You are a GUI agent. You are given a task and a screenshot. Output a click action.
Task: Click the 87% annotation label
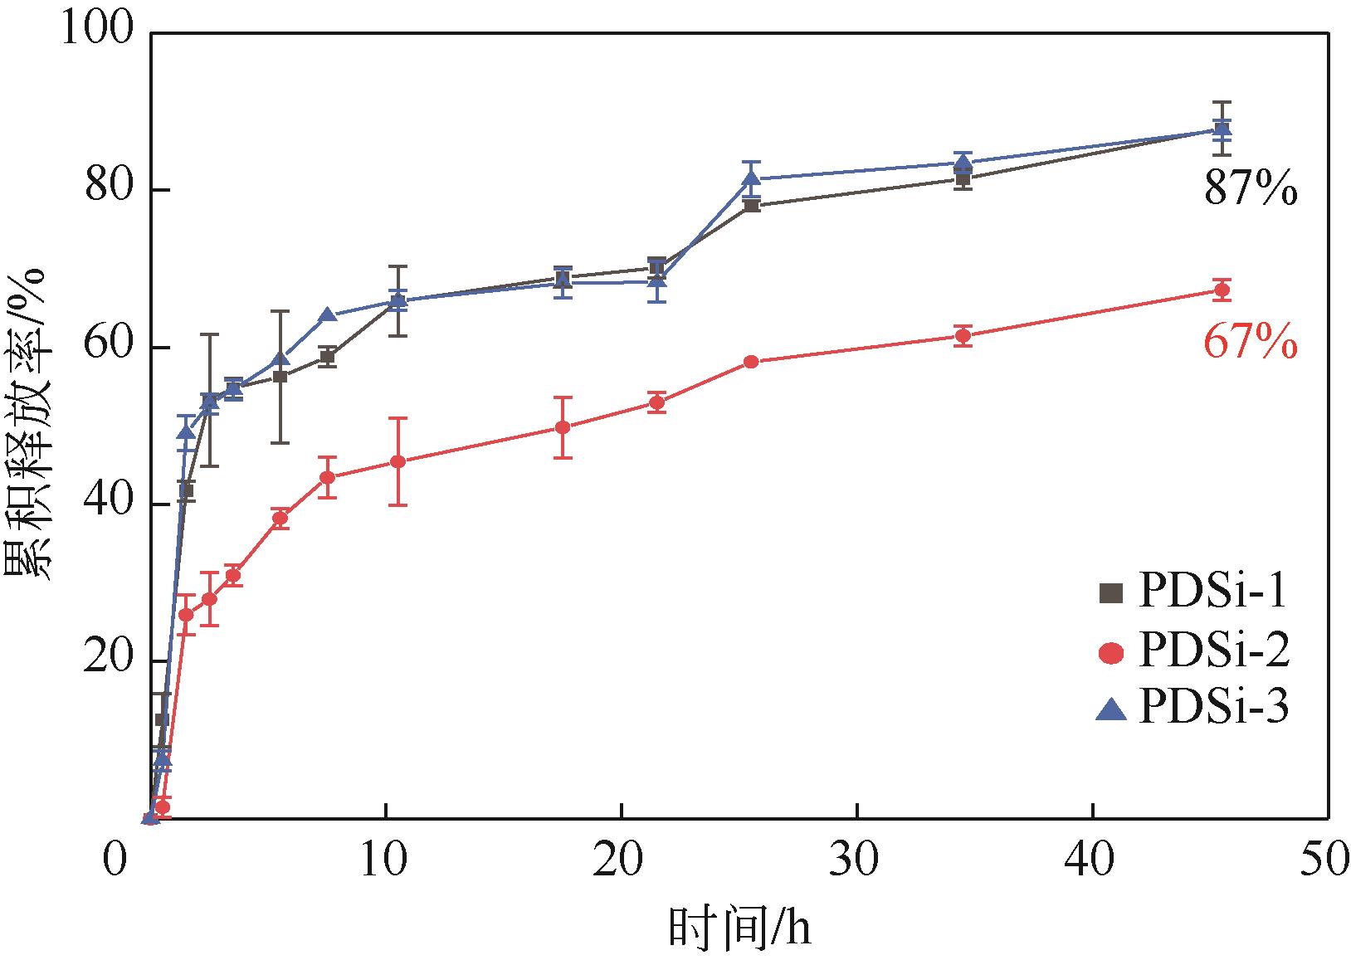click(x=1251, y=191)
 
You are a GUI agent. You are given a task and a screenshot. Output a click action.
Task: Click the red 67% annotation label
click(x=1251, y=343)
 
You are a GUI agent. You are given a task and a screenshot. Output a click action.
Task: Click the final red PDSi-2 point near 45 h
click(x=1222, y=290)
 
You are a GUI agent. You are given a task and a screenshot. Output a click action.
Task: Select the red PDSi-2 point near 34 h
click(x=963, y=336)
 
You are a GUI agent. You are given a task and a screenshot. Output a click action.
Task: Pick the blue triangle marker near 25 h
click(x=751, y=178)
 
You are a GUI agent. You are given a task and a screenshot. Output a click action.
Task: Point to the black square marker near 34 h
click(x=963, y=178)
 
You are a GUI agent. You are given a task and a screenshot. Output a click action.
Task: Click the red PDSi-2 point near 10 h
click(x=398, y=461)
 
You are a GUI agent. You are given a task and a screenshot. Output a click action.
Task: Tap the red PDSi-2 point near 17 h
click(x=563, y=427)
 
